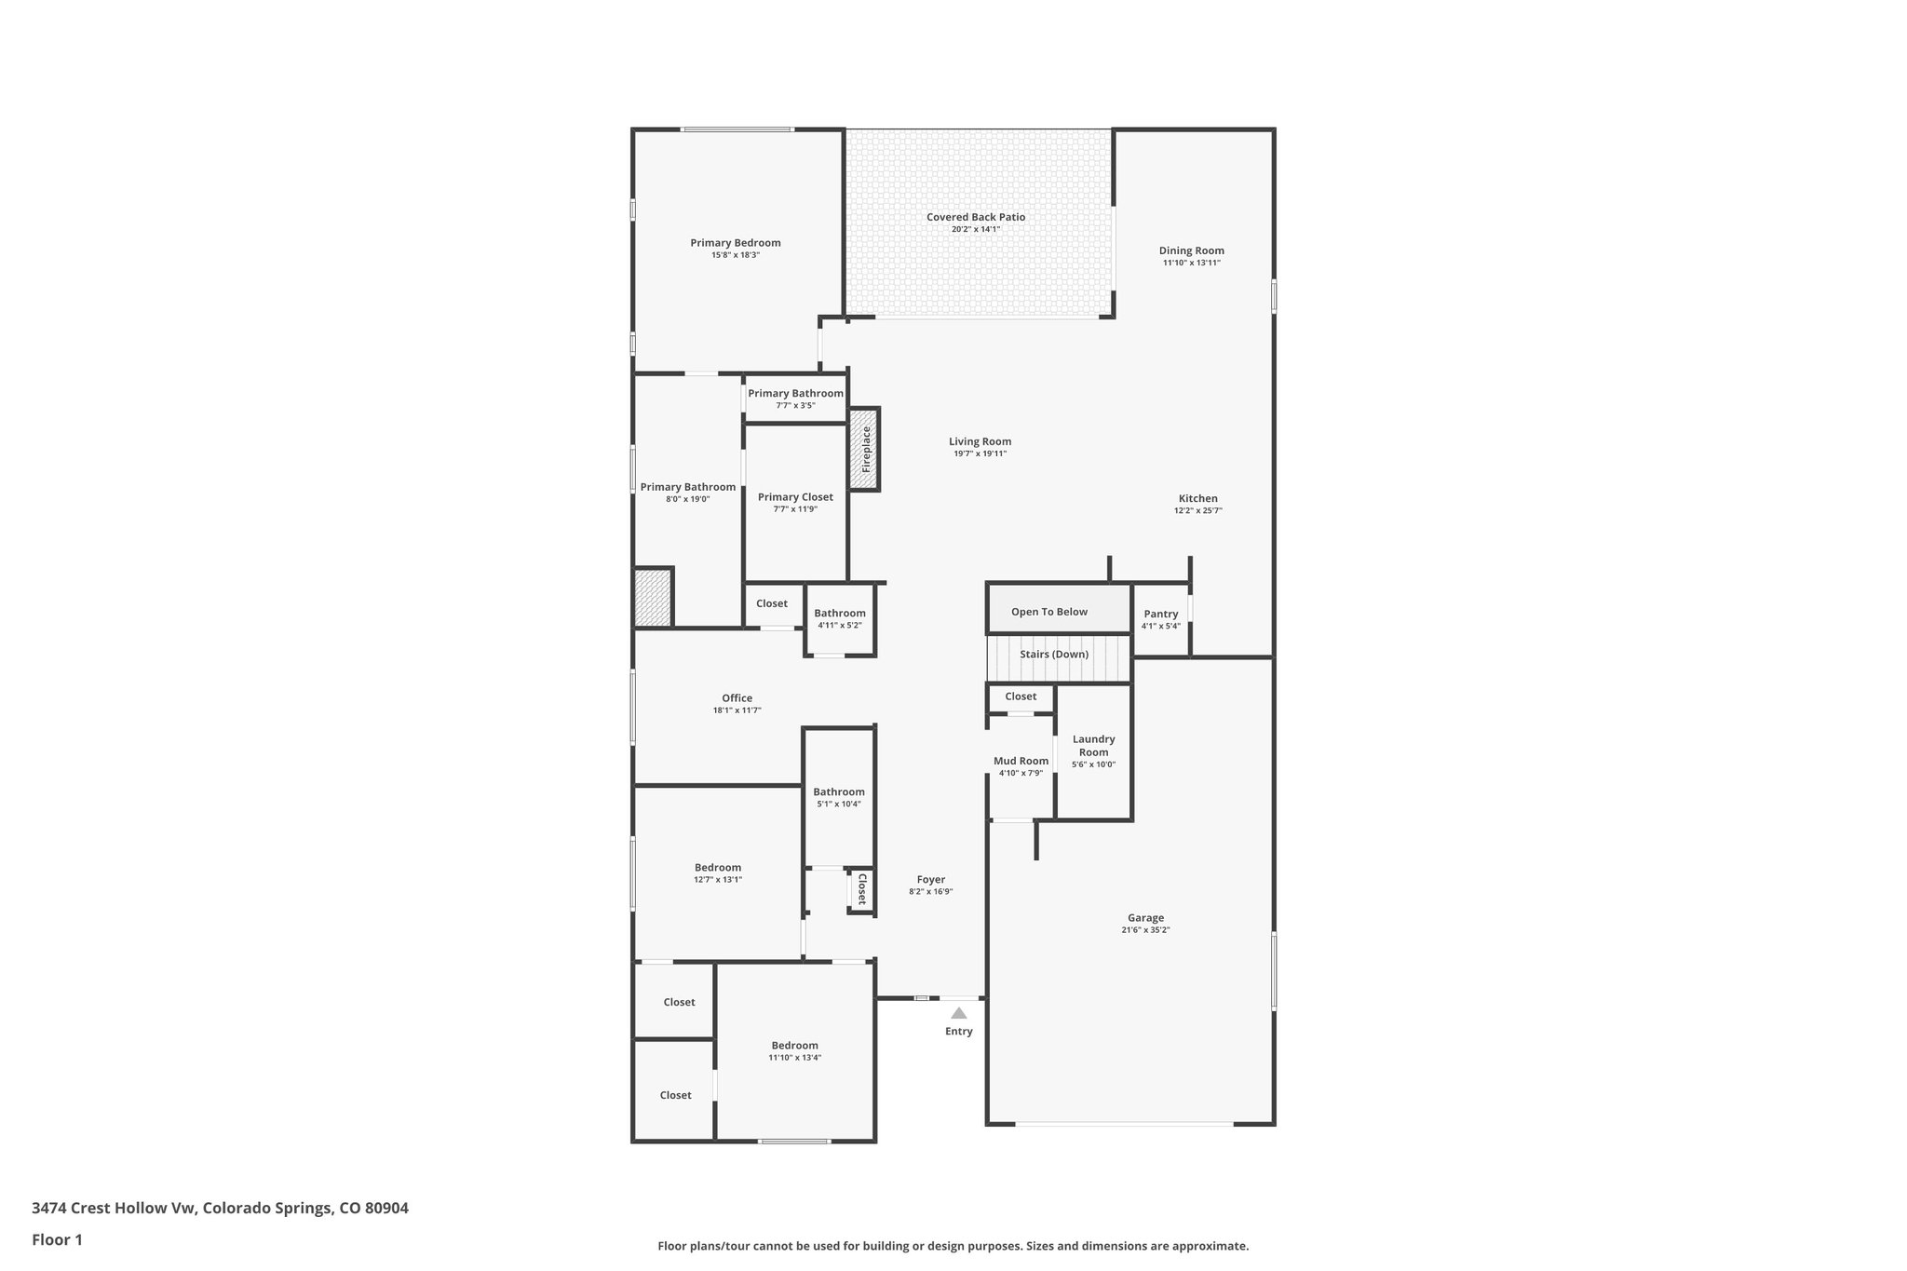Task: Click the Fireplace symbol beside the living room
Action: tap(865, 450)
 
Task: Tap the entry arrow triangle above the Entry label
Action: tap(958, 1013)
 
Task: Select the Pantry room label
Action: tap(1160, 614)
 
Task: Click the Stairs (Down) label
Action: tap(1053, 655)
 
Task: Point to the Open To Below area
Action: tap(1049, 612)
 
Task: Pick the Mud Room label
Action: tap(1021, 761)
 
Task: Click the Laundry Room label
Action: tap(1093, 746)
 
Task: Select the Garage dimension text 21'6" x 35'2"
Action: tap(1145, 930)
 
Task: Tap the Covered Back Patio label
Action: tap(975, 217)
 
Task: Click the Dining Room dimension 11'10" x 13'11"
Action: tap(1191, 263)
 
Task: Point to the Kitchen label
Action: tap(1197, 498)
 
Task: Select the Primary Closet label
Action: tap(795, 497)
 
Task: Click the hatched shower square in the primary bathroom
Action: tap(653, 597)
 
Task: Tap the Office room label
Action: tap(737, 698)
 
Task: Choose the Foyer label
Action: tap(930, 879)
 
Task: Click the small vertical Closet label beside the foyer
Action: tap(861, 889)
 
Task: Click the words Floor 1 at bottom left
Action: tap(57, 1240)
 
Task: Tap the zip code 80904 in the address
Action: tap(386, 1209)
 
